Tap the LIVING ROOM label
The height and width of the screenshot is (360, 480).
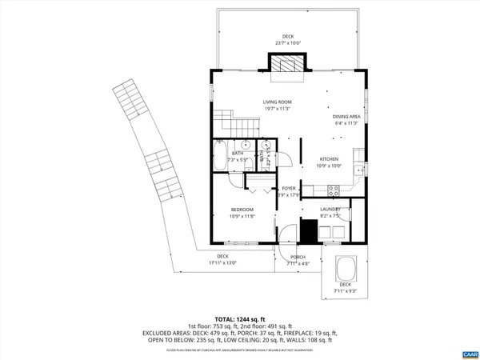point(278,102)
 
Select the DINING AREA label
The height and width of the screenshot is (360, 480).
point(346,117)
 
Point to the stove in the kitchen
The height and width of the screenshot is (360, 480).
point(334,190)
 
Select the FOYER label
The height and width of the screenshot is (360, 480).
point(288,189)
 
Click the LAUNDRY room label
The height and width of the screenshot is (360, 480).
point(330,210)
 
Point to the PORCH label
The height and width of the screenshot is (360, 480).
point(297,257)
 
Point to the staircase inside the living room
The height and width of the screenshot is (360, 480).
point(226,124)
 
